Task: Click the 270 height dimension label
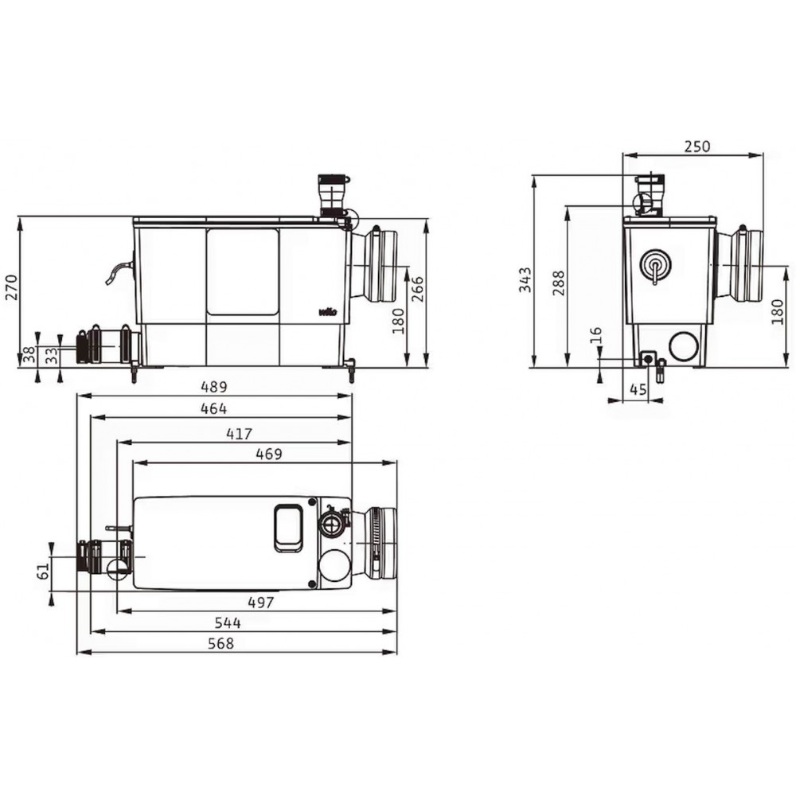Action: (x=11, y=287)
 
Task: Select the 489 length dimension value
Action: (x=213, y=388)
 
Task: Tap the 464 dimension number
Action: (x=213, y=408)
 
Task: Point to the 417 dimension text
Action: (x=239, y=435)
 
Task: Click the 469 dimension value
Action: (x=268, y=454)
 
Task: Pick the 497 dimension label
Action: (x=260, y=603)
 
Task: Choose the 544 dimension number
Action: (x=228, y=623)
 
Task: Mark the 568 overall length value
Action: (x=220, y=643)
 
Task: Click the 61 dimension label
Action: (x=44, y=570)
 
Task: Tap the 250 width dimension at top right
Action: (x=697, y=146)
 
